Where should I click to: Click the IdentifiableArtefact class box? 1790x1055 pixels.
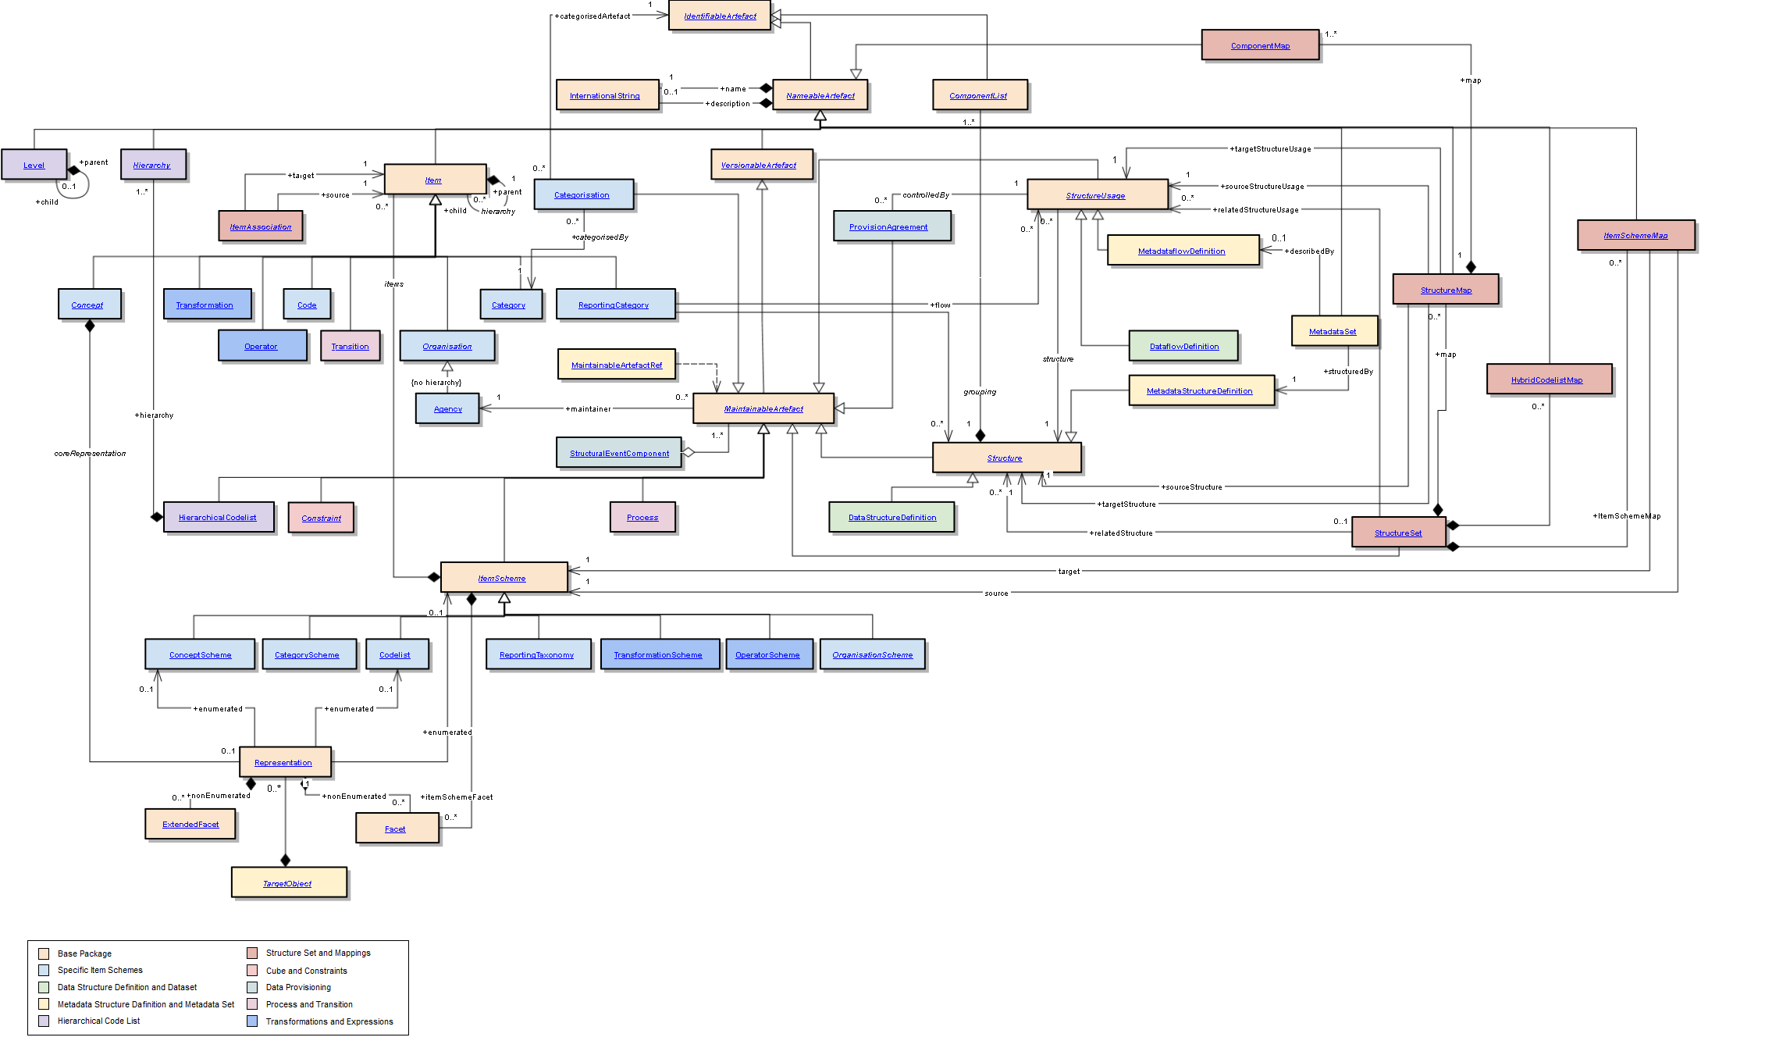coord(719,16)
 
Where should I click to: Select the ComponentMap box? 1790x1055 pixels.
coord(1259,45)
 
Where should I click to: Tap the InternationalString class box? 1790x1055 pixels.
coord(607,95)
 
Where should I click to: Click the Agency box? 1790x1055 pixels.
coord(447,408)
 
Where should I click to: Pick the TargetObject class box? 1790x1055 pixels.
coord(288,882)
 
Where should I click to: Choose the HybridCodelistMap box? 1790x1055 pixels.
coord(1549,380)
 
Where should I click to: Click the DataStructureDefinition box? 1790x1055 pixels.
coord(891,517)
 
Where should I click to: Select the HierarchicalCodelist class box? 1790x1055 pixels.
coord(218,517)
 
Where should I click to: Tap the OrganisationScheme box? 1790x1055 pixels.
coord(872,654)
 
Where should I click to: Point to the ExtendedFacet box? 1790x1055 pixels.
coord(190,824)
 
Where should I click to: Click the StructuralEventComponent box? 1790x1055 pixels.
coord(618,453)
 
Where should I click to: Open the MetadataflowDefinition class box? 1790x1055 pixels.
coord(1182,251)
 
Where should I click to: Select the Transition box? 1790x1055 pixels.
coord(350,346)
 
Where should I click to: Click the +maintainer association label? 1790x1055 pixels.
coord(588,408)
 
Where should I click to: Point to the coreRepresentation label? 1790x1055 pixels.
coord(90,453)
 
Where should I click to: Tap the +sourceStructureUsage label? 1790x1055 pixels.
coord(1262,186)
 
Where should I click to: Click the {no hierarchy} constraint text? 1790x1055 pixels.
coord(436,382)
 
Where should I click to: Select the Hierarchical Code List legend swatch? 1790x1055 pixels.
coord(44,1021)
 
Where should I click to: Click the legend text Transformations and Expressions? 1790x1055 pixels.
coord(329,1021)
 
